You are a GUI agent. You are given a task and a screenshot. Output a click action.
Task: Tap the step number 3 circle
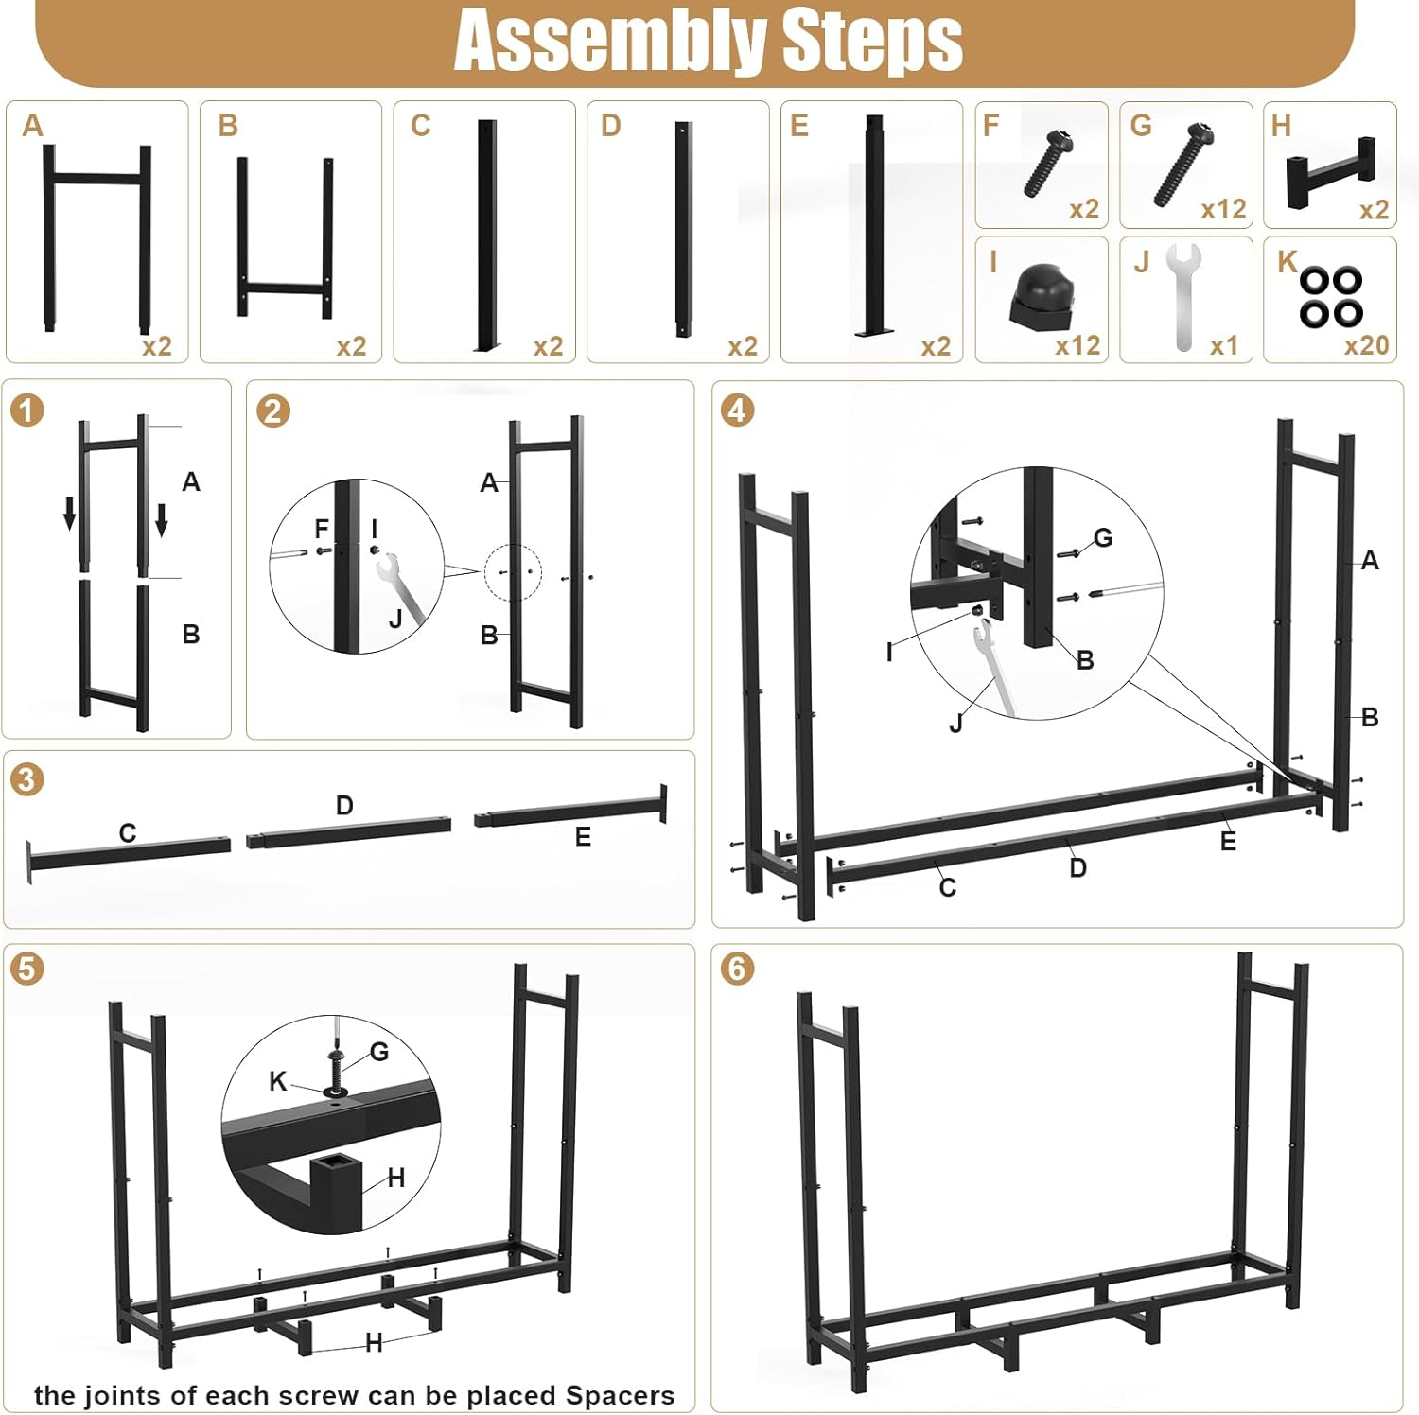pyautogui.click(x=26, y=779)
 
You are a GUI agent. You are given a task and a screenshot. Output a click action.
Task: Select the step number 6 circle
pyautogui.click(x=737, y=969)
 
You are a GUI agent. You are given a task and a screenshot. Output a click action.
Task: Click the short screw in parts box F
pyautogui.click(x=1048, y=164)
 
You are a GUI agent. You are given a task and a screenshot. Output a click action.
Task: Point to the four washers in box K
pyautogui.click(x=1330, y=296)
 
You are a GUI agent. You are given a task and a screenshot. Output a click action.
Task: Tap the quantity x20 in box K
pyautogui.click(x=1366, y=345)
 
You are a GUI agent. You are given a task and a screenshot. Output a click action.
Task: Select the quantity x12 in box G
pyautogui.click(x=1223, y=209)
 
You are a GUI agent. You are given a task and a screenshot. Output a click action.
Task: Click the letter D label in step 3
pyautogui.click(x=344, y=806)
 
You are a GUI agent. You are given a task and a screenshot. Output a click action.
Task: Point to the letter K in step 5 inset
pyautogui.click(x=277, y=1081)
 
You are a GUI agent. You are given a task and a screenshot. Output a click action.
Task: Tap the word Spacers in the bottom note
pyautogui.click(x=620, y=1395)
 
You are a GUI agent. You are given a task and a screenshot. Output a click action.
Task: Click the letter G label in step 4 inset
pyautogui.click(x=1103, y=537)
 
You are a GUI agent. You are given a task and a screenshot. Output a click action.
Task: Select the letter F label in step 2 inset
pyautogui.click(x=322, y=529)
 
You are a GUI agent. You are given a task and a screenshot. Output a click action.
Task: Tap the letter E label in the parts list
pyautogui.click(x=799, y=126)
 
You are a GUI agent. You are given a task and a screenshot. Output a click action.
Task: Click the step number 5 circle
pyautogui.click(x=26, y=969)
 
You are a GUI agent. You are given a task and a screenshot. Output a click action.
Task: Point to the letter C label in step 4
pyautogui.click(x=948, y=887)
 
